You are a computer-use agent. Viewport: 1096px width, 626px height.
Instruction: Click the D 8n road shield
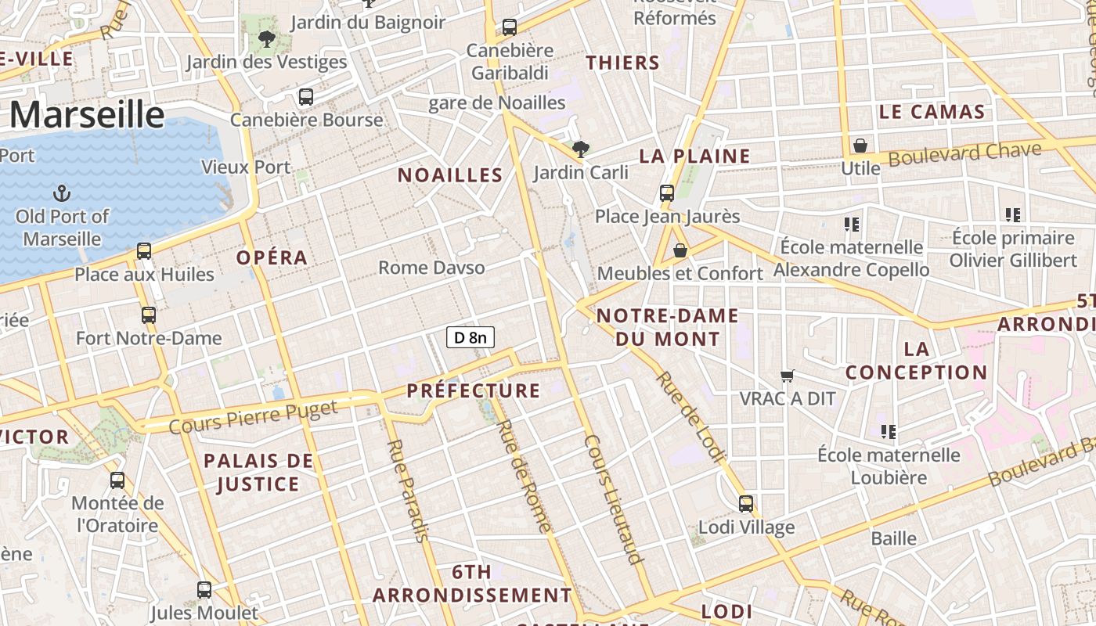pyautogui.click(x=470, y=337)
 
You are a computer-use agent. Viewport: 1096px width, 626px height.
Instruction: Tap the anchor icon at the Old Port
pyautogui.click(x=61, y=192)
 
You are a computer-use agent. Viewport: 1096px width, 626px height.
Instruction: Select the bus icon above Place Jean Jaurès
pyautogui.click(x=667, y=192)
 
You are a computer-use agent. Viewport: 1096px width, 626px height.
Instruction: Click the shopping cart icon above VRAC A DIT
pyautogui.click(x=788, y=376)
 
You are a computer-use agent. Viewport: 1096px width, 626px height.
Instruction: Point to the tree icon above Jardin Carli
pyautogui.click(x=581, y=149)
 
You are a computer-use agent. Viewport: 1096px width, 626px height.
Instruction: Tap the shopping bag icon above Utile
pyautogui.click(x=860, y=146)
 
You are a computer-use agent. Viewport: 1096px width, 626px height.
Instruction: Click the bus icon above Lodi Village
pyautogui.click(x=746, y=504)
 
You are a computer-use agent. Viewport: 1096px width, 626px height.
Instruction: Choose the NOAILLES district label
pyautogui.click(x=450, y=175)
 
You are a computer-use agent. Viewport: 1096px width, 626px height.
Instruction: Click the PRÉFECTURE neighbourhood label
pyautogui.click(x=474, y=390)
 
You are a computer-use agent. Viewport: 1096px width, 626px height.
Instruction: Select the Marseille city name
pyautogui.click(x=87, y=115)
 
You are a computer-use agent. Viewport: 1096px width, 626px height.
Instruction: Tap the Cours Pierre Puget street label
pyautogui.click(x=253, y=416)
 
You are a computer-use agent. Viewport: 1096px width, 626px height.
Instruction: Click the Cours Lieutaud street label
pyautogui.click(x=614, y=498)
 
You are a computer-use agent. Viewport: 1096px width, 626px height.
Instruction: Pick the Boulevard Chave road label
pyautogui.click(x=965, y=153)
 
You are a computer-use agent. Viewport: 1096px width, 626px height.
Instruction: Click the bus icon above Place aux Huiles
pyautogui.click(x=144, y=251)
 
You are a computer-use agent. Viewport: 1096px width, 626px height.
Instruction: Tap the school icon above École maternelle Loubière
pyautogui.click(x=889, y=431)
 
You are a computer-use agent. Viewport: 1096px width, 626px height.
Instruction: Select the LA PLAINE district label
pyautogui.click(x=695, y=156)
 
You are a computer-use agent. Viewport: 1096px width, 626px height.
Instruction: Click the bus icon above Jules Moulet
pyautogui.click(x=204, y=590)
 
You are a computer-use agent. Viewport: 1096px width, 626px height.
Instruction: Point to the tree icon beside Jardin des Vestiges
pyautogui.click(x=267, y=38)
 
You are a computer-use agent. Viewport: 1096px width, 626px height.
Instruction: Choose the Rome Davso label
pyautogui.click(x=431, y=268)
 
